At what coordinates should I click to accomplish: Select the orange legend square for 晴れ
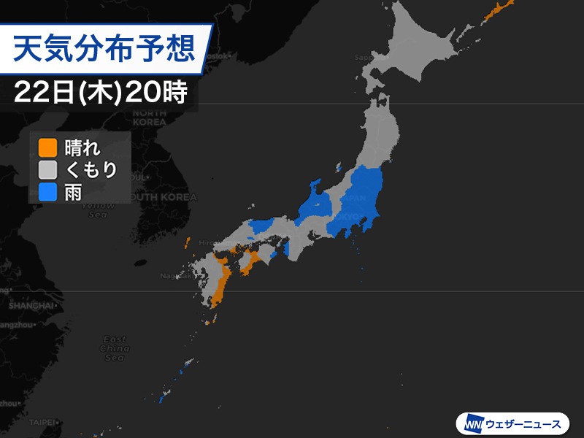pyautogui.click(x=47, y=147)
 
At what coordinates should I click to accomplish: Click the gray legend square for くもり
pyautogui.click(x=47, y=170)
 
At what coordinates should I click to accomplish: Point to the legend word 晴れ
pyautogui.click(x=81, y=147)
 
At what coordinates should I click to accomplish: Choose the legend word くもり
pyautogui.click(x=91, y=170)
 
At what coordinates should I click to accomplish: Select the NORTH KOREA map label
pyautogui.click(x=150, y=118)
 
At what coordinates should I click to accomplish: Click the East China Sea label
pyautogui.click(x=115, y=348)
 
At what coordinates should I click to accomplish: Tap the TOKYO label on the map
pyautogui.click(x=348, y=217)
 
